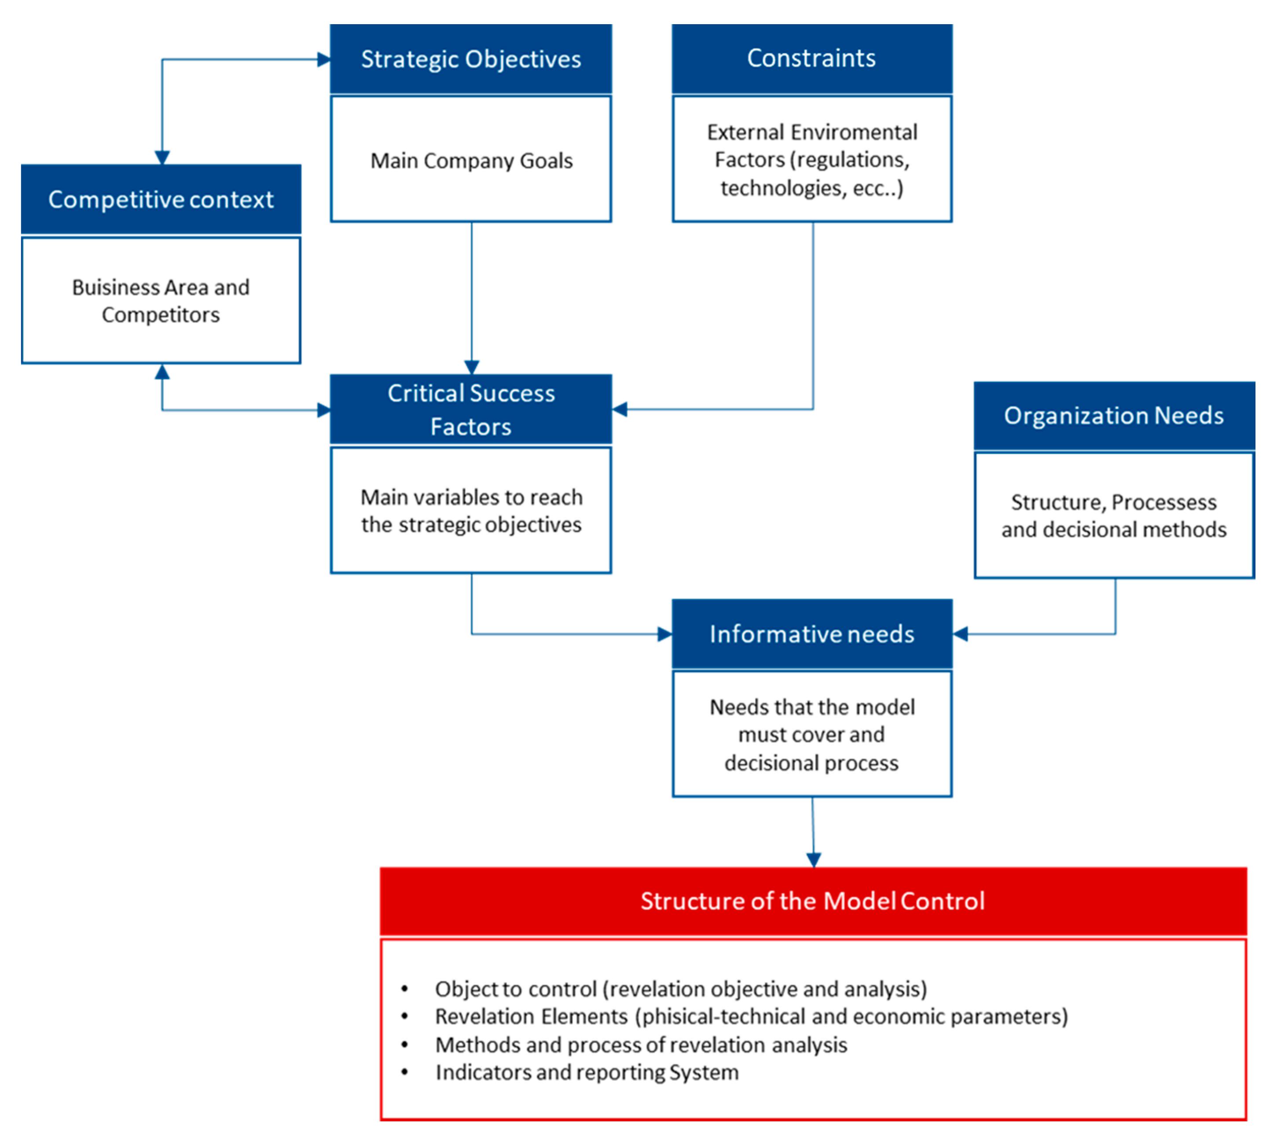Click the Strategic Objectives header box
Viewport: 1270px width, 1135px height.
click(470, 59)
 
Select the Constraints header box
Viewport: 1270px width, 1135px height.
click(811, 58)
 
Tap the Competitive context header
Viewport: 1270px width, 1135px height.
click(161, 200)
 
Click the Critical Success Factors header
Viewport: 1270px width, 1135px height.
click(470, 410)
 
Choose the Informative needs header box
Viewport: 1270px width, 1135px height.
click(811, 634)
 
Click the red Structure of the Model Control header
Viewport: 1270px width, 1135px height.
click(812, 901)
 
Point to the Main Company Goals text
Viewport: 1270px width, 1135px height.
click(471, 161)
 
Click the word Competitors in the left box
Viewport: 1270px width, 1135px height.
click(161, 315)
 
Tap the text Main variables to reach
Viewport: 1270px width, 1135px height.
click(471, 497)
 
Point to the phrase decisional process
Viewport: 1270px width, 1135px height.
click(811, 763)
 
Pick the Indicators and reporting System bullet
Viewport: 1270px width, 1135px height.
click(587, 1072)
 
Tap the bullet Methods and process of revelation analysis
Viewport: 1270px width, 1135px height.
click(641, 1044)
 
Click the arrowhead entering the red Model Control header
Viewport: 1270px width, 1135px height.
click(813, 860)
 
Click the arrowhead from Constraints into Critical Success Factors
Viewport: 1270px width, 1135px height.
click(620, 410)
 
